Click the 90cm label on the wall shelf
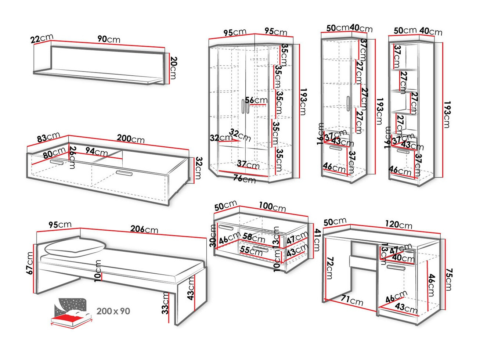[109, 39]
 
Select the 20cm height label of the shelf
[174, 68]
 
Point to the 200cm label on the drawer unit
[130, 138]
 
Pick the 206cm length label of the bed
[144, 230]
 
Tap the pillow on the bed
[75, 248]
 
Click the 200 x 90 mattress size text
[113, 311]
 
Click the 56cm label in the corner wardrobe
[256, 100]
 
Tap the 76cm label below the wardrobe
[244, 179]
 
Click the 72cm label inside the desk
[329, 268]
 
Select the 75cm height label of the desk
[448, 280]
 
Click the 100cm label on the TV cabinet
[273, 207]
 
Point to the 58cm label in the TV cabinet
[254, 238]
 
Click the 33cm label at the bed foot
[165, 303]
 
